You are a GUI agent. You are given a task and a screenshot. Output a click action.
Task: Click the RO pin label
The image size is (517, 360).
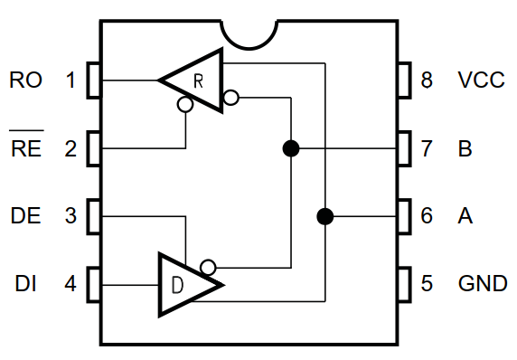(26, 80)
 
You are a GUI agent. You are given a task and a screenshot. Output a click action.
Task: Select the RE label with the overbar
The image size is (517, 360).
(26, 149)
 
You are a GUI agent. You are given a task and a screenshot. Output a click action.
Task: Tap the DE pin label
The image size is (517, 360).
(26, 217)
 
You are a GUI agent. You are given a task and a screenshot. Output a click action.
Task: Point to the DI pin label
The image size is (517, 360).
(26, 284)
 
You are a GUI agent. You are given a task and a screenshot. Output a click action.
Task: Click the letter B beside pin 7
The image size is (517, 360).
(465, 149)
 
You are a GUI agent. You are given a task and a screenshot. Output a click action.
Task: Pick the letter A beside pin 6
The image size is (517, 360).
(465, 217)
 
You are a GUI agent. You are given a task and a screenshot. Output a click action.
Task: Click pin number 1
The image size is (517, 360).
(70, 80)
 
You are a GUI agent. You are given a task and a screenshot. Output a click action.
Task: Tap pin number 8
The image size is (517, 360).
(428, 80)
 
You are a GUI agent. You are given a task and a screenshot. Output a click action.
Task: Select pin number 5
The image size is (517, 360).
(428, 284)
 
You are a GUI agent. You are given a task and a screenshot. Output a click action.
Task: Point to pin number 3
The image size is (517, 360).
(70, 217)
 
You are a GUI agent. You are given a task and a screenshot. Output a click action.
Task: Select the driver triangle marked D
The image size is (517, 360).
(185, 285)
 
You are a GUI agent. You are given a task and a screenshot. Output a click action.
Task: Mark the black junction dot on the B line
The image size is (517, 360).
(290, 148)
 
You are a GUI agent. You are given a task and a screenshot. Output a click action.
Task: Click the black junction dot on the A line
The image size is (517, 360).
(324, 216)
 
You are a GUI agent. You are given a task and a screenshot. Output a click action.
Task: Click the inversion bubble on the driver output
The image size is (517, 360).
(208, 267)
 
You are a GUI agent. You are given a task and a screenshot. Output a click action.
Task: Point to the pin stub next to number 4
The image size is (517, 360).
(93, 284)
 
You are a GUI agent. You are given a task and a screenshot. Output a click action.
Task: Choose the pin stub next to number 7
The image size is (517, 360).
(404, 148)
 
